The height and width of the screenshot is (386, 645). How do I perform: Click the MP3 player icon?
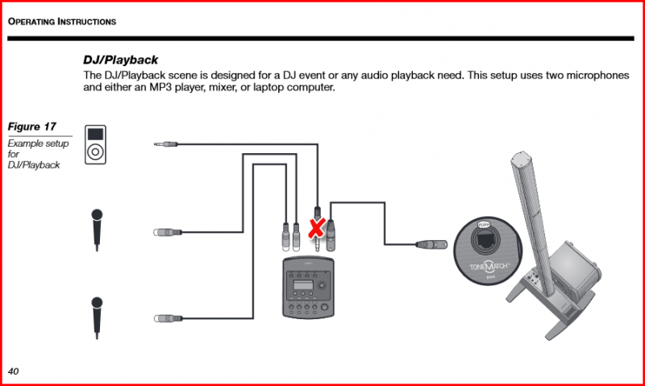pyautogui.click(x=96, y=143)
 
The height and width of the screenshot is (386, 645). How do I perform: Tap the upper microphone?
pyautogui.click(x=97, y=229)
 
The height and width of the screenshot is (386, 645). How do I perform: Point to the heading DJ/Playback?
pyautogui.click(x=120, y=60)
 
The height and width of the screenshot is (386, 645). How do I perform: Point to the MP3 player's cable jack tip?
pyautogui.click(x=156, y=143)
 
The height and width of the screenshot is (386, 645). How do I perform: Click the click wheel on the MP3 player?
pyautogui.click(x=96, y=151)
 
